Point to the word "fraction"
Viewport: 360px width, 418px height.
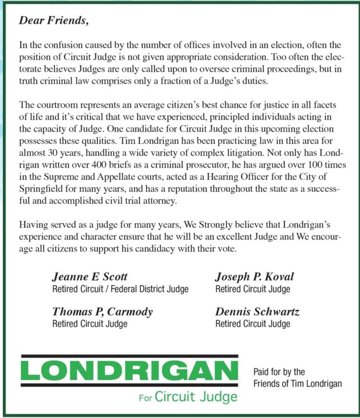tap(216, 81)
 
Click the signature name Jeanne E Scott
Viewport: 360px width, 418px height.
tap(90, 277)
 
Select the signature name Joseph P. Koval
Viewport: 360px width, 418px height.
tap(254, 277)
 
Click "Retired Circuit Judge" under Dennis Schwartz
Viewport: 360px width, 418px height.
tap(253, 323)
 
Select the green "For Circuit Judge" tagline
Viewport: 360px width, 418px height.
tap(188, 397)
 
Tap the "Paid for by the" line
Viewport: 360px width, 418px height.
tap(279, 371)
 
